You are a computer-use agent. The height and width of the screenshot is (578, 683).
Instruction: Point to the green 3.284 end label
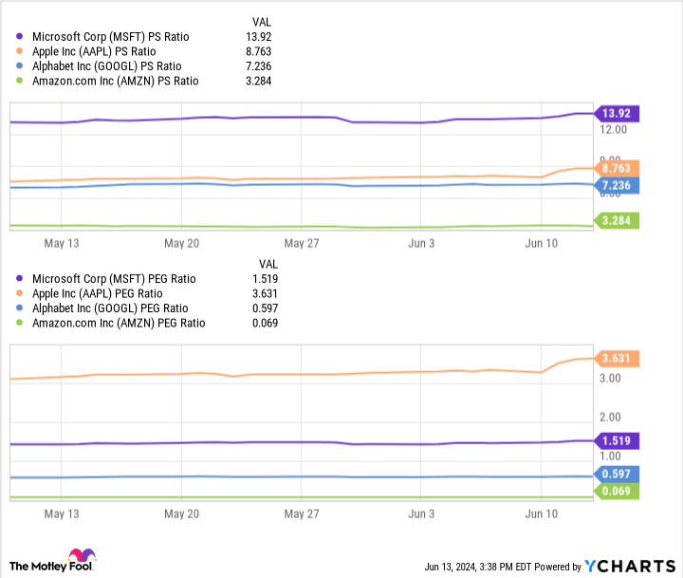(x=617, y=221)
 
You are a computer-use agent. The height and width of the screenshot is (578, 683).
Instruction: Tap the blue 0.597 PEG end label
(x=617, y=474)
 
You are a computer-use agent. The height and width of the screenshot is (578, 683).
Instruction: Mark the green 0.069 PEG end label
(x=617, y=491)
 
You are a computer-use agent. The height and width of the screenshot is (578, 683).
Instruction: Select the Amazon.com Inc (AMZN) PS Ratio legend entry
(x=115, y=81)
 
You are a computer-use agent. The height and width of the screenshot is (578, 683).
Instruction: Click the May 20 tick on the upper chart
(x=181, y=243)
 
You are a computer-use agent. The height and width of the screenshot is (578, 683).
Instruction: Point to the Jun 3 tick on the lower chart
(x=420, y=513)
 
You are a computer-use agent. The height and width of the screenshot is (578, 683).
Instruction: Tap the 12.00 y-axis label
(x=614, y=130)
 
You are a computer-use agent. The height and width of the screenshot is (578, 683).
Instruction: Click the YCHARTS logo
(x=630, y=566)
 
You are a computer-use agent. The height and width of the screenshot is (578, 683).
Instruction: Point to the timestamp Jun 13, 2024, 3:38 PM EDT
(x=476, y=567)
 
